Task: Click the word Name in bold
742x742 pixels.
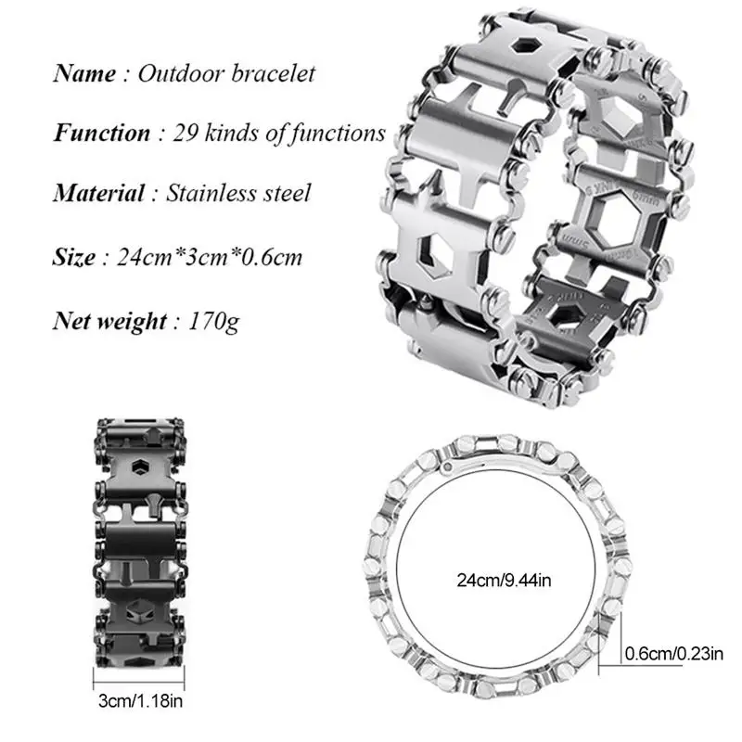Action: (x=83, y=73)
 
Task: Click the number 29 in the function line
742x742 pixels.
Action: (x=185, y=133)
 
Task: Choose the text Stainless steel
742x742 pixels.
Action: (x=238, y=193)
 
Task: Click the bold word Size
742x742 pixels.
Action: (x=74, y=256)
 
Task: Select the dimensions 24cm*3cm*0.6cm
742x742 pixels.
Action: (x=210, y=256)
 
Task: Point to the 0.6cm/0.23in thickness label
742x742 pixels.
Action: (x=674, y=654)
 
